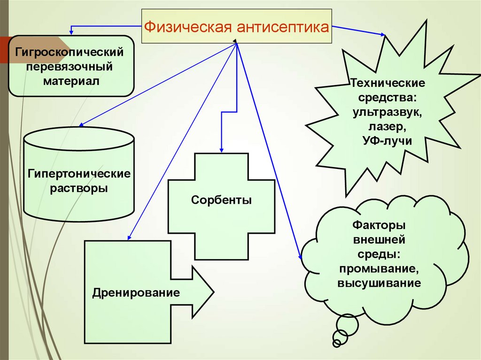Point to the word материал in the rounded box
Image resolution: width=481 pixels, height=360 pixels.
click(72, 81)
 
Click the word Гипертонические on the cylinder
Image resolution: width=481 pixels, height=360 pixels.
click(79, 174)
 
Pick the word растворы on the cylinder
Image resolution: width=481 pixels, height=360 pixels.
click(79, 189)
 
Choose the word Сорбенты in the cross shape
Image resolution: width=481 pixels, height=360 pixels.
click(221, 200)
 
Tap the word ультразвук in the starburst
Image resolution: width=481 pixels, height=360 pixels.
click(388, 113)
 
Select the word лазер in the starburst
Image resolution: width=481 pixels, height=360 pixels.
click(388, 127)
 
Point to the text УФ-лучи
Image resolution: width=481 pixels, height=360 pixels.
click(388, 141)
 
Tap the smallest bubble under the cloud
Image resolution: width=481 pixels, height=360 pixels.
click(336, 344)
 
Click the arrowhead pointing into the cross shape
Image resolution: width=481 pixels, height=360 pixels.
click(221, 149)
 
